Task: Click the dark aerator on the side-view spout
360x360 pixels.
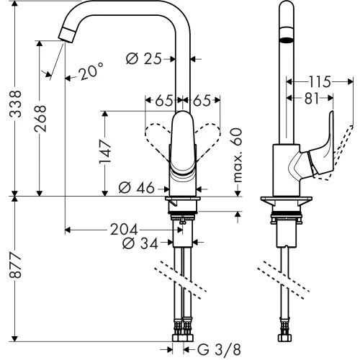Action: tap(286, 42)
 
